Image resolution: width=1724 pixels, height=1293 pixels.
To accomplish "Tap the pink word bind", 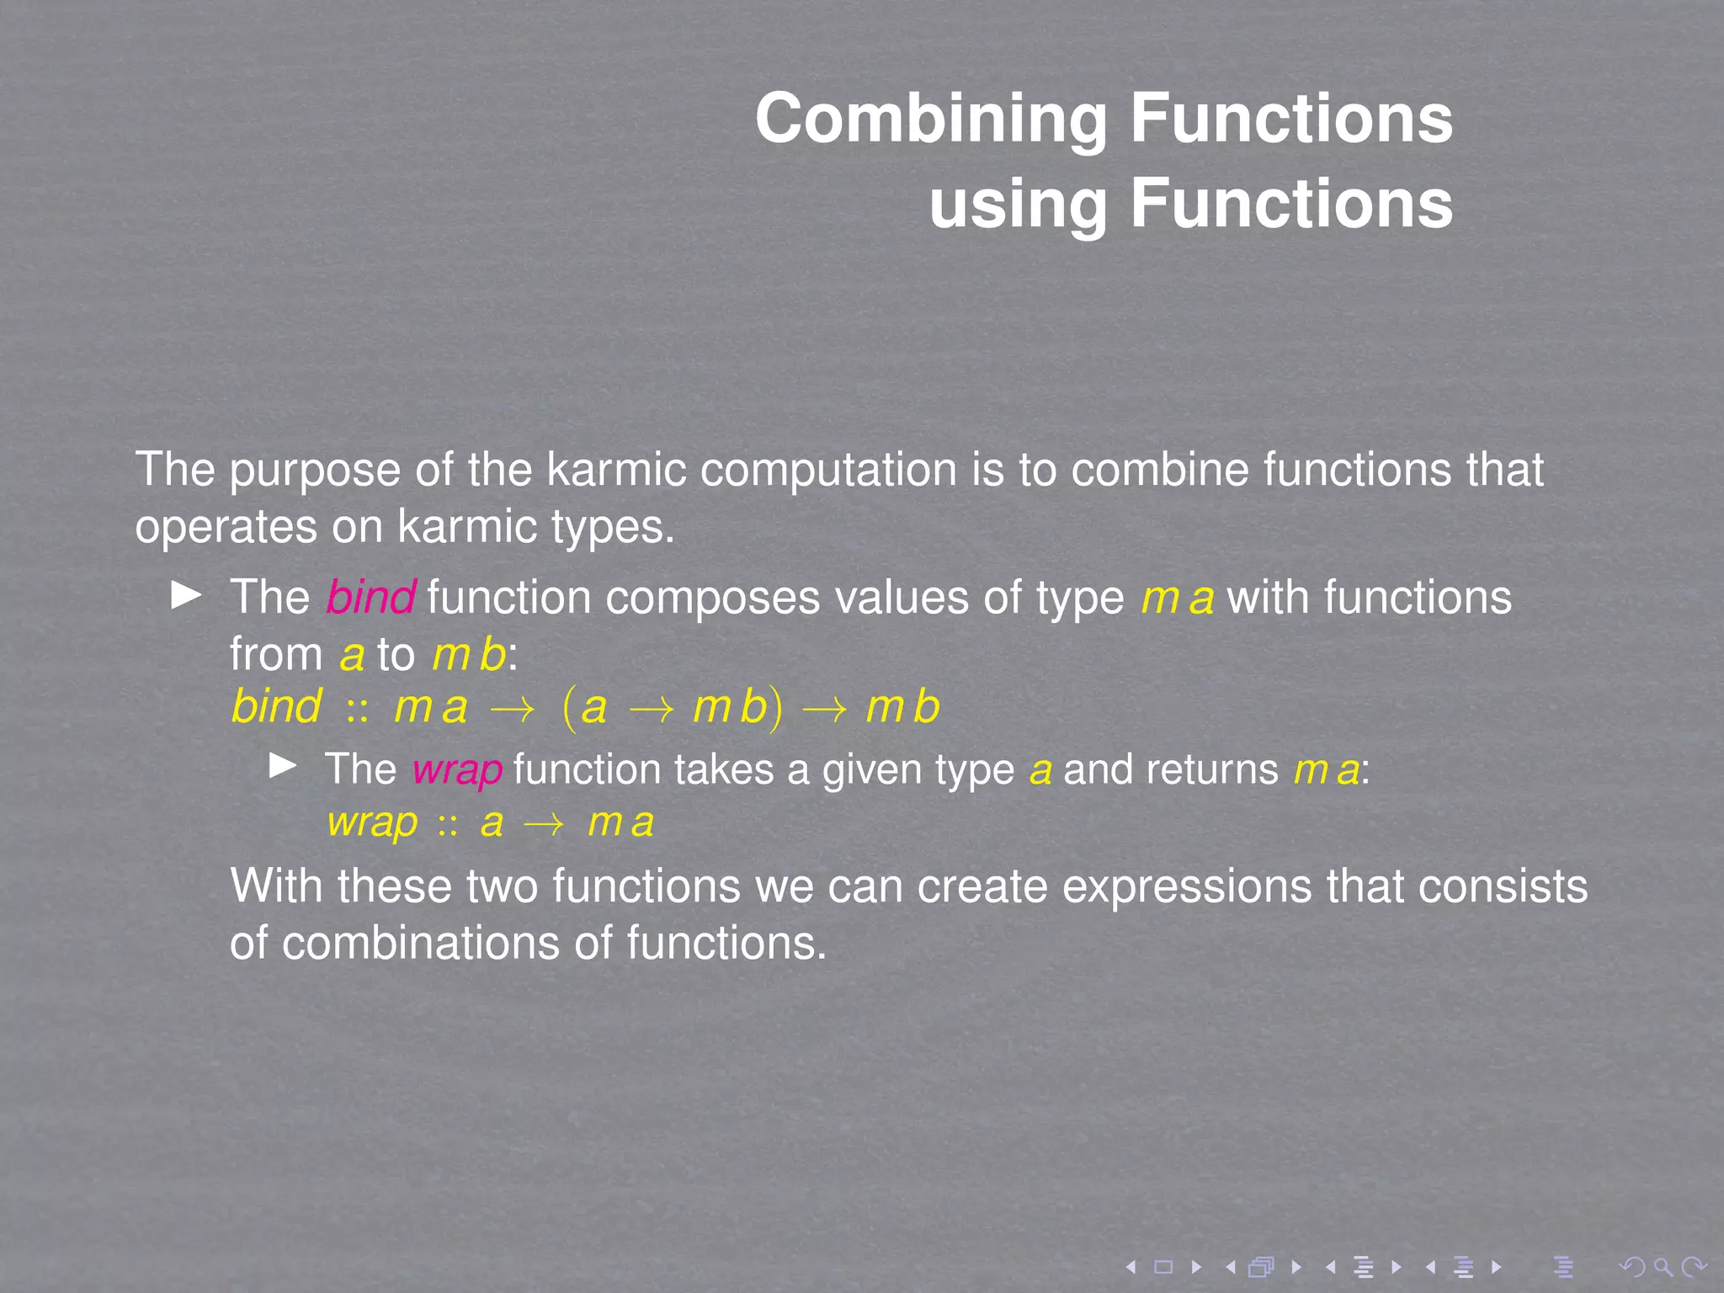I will point(370,598).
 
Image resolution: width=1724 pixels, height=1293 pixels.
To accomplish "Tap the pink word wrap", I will point(457,770).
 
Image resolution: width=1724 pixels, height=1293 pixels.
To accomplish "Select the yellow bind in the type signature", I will point(276,706).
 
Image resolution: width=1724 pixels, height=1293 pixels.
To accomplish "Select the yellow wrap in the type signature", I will point(372,822).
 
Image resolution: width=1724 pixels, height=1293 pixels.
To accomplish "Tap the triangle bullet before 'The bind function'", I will point(186,595).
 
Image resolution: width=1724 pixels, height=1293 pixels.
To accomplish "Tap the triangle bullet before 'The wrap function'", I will point(282,766).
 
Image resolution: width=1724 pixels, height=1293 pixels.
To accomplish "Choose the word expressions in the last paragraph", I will point(1186,887).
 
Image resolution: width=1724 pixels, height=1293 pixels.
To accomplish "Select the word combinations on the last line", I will point(421,943).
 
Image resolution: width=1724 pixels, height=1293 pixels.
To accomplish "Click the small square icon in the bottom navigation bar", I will point(1163,1267).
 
